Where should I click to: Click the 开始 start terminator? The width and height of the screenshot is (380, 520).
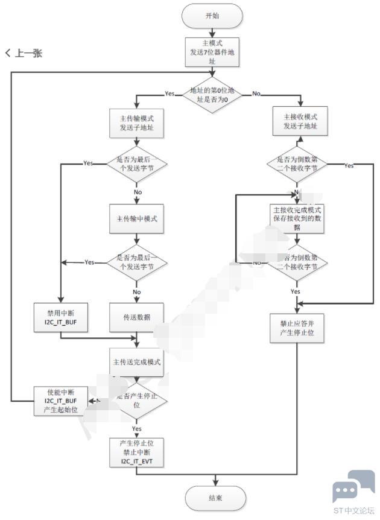(x=212, y=16)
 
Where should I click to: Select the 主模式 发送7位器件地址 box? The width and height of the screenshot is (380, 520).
(x=212, y=52)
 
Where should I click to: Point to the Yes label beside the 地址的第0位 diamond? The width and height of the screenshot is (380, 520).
(x=169, y=94)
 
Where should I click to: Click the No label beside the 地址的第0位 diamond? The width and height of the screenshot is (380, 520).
(x=256, y=94)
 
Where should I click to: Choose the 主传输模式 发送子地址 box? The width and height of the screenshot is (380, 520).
(x=136, y=122)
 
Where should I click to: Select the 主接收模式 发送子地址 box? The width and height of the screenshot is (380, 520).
(x=297, y=122)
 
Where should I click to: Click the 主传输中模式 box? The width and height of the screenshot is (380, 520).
(x=136, y=218)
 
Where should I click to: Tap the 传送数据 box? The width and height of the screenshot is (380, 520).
(x=136, y=317)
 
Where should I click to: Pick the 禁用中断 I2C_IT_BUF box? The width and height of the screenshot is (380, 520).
(x=62, y=317)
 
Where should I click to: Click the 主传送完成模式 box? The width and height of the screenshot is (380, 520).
(x=136, y=363)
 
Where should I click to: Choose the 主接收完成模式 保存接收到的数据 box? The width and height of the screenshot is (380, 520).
(x=297, y=218)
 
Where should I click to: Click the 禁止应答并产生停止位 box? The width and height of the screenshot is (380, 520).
(x=297, y=328)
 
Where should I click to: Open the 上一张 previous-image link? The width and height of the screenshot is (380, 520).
(x=24, y=53)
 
